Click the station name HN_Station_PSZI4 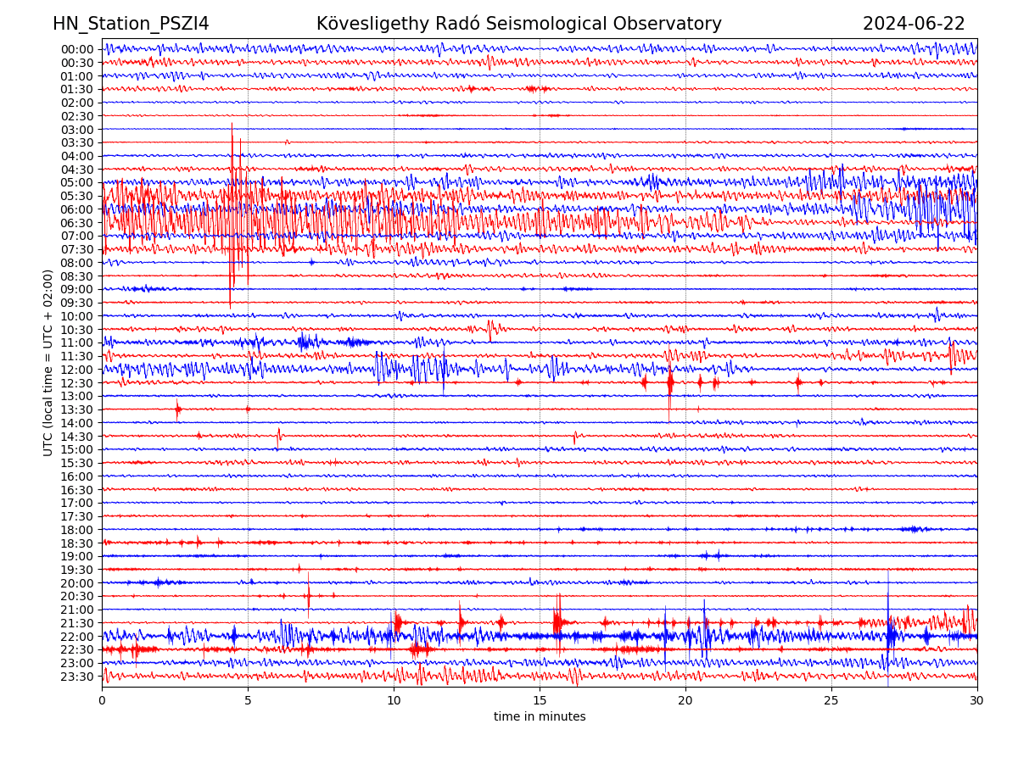[x=131, y=24]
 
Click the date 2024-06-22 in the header [x=914, y=24]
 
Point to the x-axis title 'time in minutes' [x=540, y=716]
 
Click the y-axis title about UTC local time [x=48, y=362]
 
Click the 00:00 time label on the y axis [x=76, y=49]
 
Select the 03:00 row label [x=76, y=130]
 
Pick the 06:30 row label [x=76, y=223]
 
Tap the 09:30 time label [x=76, y=303]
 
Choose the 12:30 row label [x=76, y=383]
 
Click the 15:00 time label [x=76, y=449]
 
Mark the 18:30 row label [x=76, y=543]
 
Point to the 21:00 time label [x=76, y=610]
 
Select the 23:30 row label [x=76, y=677]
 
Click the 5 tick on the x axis [x=248, y=700]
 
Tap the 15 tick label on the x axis [x=540, y=700]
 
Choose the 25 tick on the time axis [x=831, y=700]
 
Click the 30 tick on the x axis [x=977, y=700]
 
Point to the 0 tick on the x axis [x=102, y=700]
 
